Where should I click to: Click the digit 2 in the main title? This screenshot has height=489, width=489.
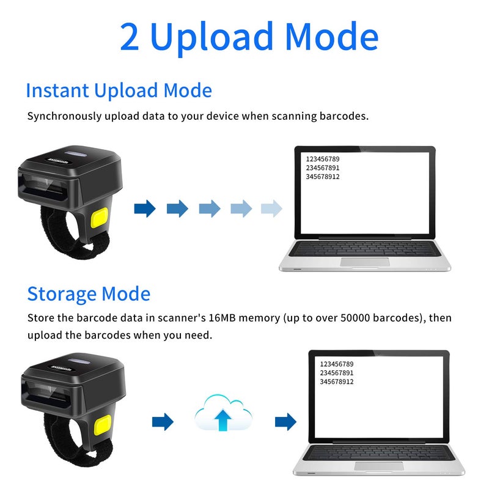(130, 37)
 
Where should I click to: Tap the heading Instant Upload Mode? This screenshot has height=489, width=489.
(119, 90)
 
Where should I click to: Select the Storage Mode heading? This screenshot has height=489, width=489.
(89, 293)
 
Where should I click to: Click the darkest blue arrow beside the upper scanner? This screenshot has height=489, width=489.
(145, 208)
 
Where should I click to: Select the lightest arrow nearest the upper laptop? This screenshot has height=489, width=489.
(271, 208)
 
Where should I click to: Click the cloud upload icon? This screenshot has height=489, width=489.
(224, 416)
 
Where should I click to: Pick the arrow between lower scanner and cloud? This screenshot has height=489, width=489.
(163, 421)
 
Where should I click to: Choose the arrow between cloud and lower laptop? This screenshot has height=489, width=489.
(285, 421)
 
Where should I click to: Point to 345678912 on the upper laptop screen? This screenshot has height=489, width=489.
(322, 177)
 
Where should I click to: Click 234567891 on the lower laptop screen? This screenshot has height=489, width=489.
(336, 373)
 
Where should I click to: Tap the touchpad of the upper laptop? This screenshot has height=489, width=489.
(365, 262)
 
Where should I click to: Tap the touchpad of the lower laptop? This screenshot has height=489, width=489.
(378, 466)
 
